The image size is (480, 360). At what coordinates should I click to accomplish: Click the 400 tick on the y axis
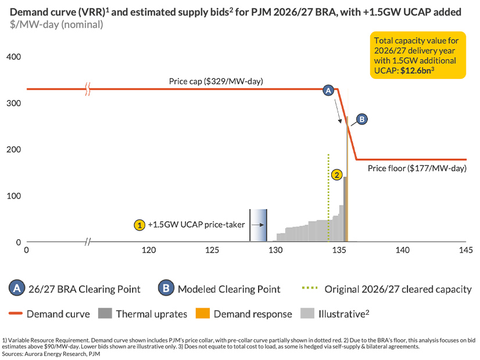click(x=13, y=57)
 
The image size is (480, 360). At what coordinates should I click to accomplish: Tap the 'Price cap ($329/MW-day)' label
click(x=216, y=81)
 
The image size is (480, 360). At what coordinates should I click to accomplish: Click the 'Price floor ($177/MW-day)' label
click(x=417, y=169)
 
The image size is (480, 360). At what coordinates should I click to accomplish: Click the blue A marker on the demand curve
click(x=328, y=91)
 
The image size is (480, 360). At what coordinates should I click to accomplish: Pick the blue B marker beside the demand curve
click(x=361, y=119)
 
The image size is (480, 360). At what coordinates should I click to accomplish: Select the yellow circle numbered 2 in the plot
click(x=336, y=174)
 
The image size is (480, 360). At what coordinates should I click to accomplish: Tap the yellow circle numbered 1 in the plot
click(x=139, y=224)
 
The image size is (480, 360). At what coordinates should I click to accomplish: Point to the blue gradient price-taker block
click(x=259, y=225)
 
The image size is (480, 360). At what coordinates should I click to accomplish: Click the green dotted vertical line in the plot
click(x=328, y=197)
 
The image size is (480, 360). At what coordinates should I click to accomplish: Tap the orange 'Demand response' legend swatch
click(x=201, y=314)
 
